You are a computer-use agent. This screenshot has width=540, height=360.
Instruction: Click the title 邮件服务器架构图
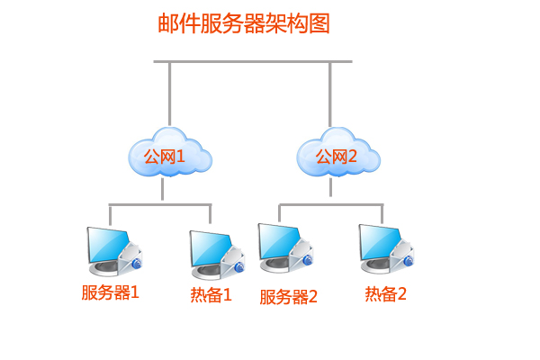click(x=244, y=23)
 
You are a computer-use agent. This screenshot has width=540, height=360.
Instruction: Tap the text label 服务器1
click(x=111, y=292)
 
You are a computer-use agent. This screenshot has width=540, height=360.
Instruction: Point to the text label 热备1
click(x=211, y=294)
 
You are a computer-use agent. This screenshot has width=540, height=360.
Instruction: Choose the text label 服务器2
click(x=289, y=296)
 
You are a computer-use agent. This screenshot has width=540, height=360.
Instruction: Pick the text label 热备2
click(x=385, y=293)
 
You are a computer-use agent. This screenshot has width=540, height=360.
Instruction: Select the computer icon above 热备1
click(x=214, y=253)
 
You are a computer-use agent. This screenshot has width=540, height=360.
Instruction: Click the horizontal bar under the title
click(x=252, y=62)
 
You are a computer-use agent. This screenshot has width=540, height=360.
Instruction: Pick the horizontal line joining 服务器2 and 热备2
click(x=331, y=205)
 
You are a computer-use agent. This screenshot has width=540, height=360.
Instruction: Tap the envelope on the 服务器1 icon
click(x=131, y=256)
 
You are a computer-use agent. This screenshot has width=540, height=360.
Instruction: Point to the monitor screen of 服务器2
click(x=280, y=239)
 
